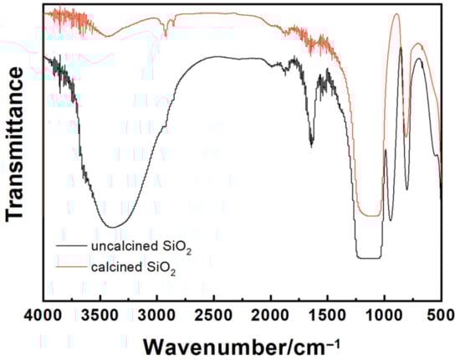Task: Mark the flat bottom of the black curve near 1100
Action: click(368, 258)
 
